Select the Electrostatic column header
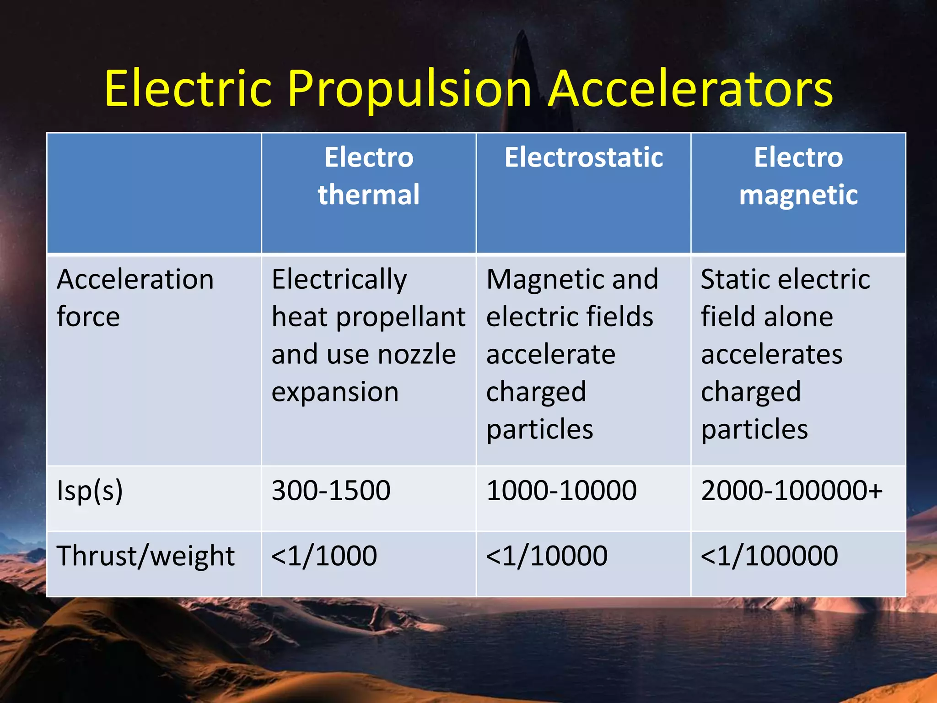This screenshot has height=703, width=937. click(x=583, y=158)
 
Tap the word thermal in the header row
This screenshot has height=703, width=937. click(x=369, y=195)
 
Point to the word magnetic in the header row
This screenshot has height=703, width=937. click(x=798, y=195)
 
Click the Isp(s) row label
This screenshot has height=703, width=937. click(x=90, y=491)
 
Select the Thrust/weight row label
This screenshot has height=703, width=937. click(x=145, y=556)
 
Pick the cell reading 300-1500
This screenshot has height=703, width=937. click(x=331, y=491)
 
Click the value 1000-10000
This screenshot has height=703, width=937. click(x=561, y=491)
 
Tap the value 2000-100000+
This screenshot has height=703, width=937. click(x=792, y=491)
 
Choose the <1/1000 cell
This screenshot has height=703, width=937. click(x=324, y=556)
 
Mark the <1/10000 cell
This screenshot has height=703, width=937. click(x=547, y=556)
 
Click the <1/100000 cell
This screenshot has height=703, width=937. click(x=769, y=556)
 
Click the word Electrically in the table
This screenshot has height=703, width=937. click(x=339, y=280)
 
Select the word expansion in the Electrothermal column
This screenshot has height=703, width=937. click(x=335, y=393)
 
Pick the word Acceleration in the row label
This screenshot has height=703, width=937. click(x=135, y=279)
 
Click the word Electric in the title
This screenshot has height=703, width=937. click(x=188, y=89)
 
